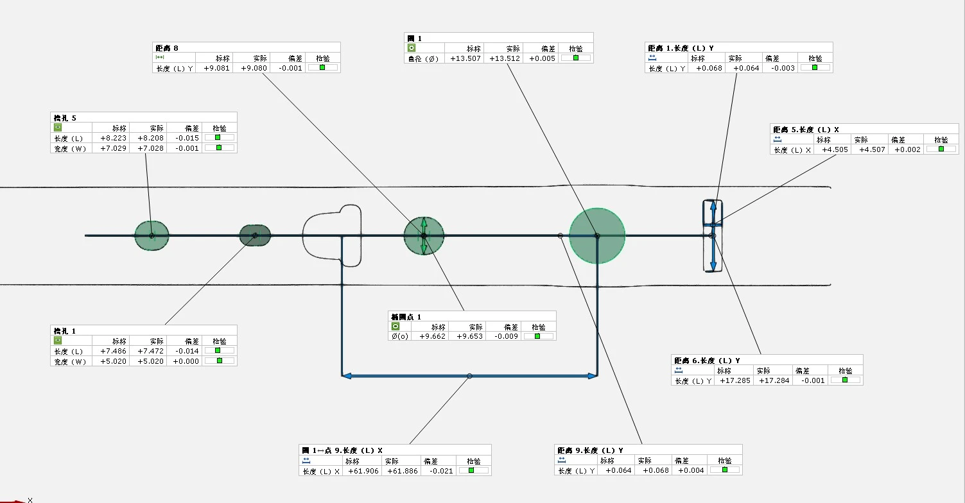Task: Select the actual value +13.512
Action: tap(505, 58)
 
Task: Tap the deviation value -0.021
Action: tap(440, 471)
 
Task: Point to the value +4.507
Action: tap(872, 150)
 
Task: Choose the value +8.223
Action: tap(113, 138)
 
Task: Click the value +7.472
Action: tap(150, 351)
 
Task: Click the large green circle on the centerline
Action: tap(597, 235)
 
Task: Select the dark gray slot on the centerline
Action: tap(255, 235)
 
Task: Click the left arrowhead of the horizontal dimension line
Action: tap(346, 376)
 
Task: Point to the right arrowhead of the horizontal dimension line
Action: tap(593, 376)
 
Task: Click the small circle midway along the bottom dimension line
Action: tap(469, 376)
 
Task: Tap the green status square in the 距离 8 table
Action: tap(322, 67)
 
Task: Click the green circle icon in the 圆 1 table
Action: tap(412, 48)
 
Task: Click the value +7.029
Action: tap(113, 148)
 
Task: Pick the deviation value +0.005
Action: tap(542, 58)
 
